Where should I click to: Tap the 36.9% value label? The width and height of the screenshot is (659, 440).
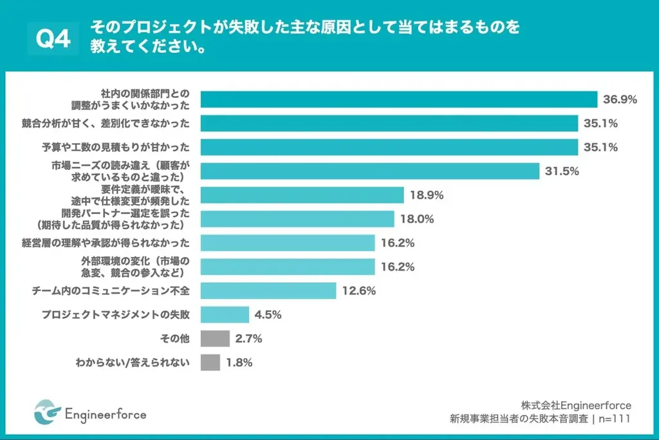click(620, 99)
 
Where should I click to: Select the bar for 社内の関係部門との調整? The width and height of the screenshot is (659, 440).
click(399, 99)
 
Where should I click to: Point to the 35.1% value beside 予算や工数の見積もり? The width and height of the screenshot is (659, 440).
click(600, 147)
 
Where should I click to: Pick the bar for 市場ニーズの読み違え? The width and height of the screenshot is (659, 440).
click(369, 171)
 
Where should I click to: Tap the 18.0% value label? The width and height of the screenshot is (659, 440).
click(416, 219)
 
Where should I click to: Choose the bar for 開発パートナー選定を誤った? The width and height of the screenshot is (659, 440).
click(297, 219)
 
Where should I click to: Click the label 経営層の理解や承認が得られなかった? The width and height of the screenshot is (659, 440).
click(106, 243)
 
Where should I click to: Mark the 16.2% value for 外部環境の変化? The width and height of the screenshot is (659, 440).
click(397, 267)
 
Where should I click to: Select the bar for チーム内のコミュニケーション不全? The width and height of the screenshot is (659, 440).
click(268, 291)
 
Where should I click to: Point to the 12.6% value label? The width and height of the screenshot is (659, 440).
click(358, 291)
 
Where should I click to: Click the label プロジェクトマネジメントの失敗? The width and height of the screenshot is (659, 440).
click(116, 314)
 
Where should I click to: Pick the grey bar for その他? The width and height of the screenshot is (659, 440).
click(215, 338)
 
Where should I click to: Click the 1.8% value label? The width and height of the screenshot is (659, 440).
click(239, 362)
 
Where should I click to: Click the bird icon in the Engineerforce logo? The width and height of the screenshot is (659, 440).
click(47, 413)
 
